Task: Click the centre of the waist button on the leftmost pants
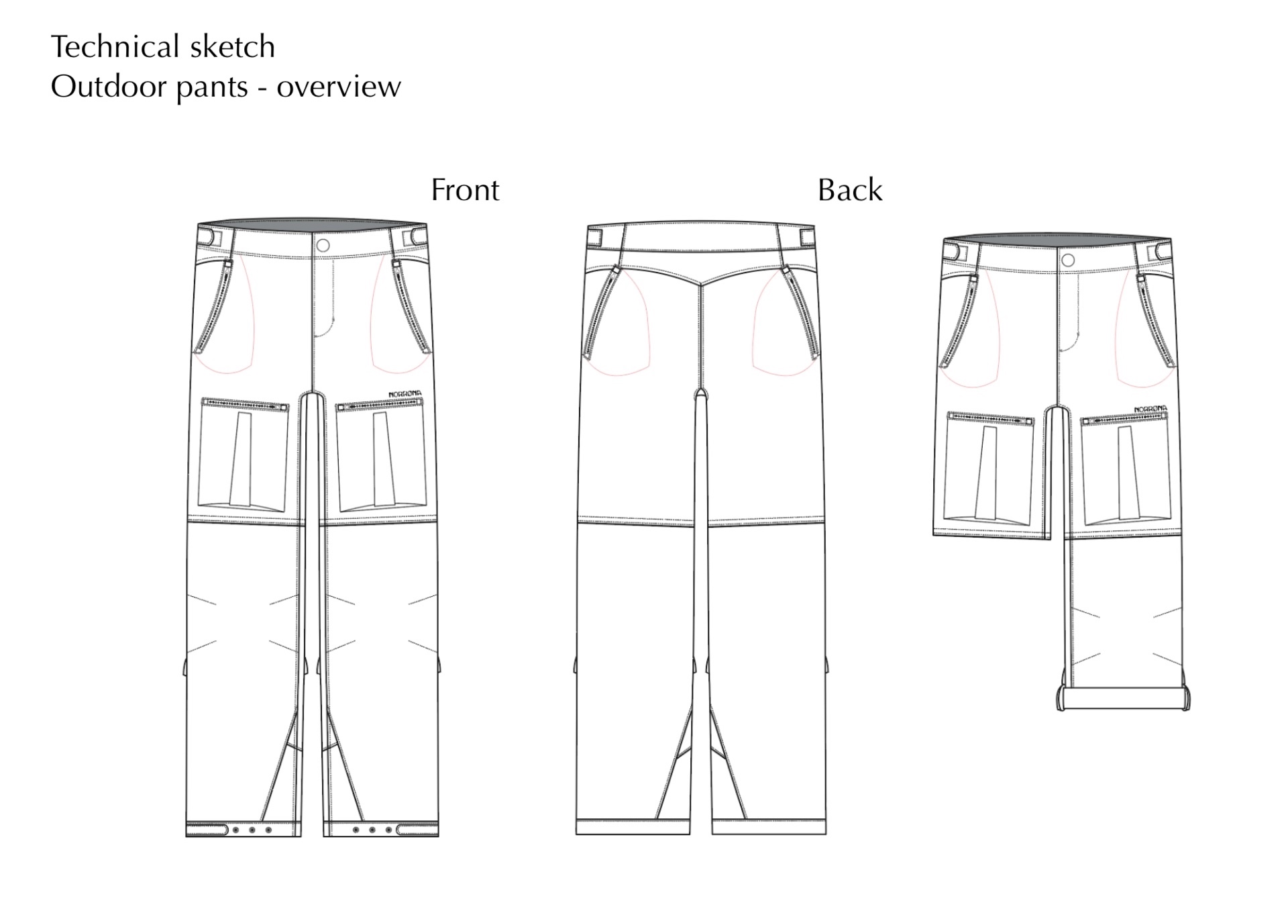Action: point(323,246)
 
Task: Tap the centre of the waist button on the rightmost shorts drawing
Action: point(1069,260)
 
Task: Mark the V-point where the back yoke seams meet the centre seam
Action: point(701,285)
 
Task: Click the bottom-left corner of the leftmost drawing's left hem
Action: point(186,836)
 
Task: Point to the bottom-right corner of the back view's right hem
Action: point(826,834)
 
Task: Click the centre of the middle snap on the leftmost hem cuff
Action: point(252,830)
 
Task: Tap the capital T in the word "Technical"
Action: point(60,47)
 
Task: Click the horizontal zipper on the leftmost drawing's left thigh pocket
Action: point(245,404)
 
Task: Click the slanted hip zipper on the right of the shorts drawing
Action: point(1157,320)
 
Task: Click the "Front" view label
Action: point(465,190)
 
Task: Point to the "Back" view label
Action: point(850,190)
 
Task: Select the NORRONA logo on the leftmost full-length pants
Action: point(406,395)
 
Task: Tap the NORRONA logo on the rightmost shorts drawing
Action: point(1150,409)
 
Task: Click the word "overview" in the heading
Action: point(339,87)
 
